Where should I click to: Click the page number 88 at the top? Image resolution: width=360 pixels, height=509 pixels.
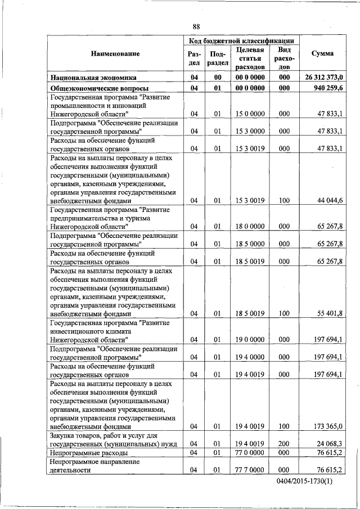[196, 26]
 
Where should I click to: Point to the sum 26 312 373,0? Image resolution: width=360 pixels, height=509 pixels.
[325, 77]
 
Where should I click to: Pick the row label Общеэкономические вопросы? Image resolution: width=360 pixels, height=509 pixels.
[100, 89]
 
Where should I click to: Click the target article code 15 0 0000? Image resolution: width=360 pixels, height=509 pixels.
[250, 114]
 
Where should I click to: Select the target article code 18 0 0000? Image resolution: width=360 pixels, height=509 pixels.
[250, 226]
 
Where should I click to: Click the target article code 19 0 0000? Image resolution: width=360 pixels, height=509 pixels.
[250, 339]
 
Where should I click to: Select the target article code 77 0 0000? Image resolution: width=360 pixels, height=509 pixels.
[250, 452]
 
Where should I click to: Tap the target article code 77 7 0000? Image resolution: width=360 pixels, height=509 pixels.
[250, 470]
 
